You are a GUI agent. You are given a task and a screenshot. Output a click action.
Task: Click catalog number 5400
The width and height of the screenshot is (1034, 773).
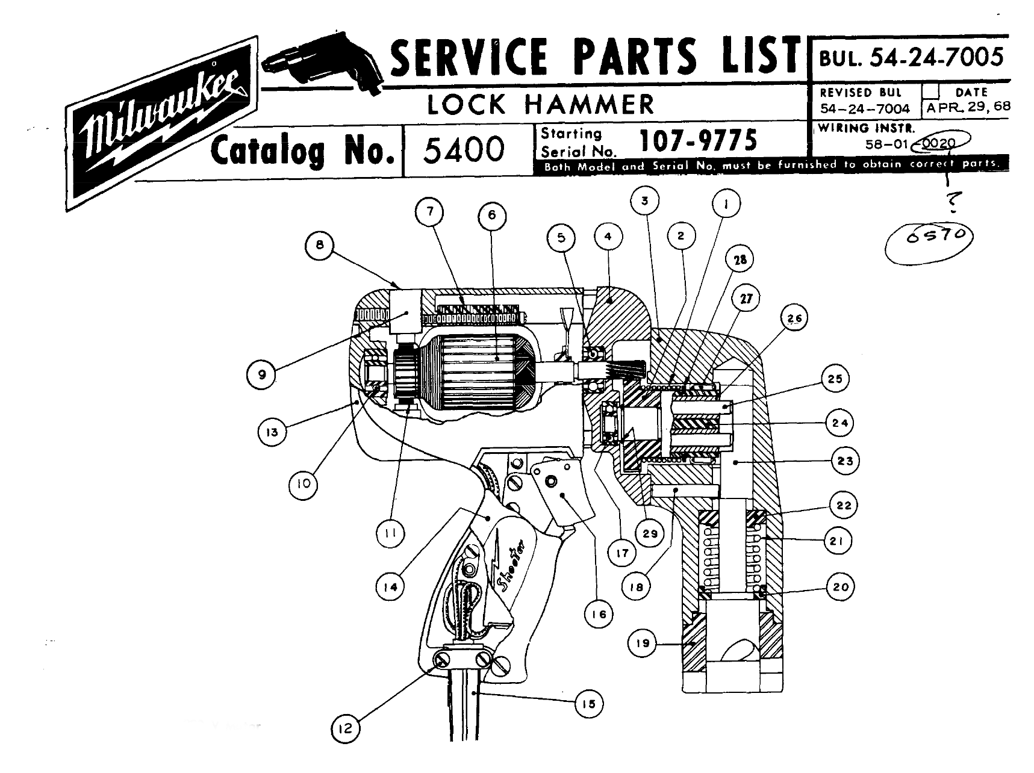pos(464,149)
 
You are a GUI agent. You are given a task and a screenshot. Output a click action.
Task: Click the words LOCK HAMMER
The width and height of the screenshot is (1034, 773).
pos(540,105)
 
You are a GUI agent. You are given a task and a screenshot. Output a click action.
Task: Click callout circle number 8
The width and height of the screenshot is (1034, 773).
pos(320,245)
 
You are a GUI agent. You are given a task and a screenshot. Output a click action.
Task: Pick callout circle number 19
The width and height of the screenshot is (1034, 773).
pos(643,644)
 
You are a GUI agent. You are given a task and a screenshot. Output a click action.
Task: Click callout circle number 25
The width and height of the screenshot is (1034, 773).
pos(835,379)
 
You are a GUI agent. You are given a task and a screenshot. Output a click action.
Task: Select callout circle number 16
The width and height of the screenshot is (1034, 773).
pos(598,614)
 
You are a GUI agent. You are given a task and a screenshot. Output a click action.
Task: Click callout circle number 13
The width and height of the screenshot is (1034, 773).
pos(272,432)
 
